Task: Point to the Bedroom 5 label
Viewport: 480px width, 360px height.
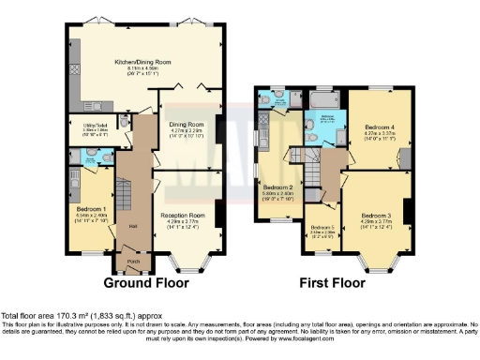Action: point(322,228)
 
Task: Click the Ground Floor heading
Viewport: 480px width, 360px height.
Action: point(145,282)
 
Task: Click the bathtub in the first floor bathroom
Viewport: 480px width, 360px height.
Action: point(324,97)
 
